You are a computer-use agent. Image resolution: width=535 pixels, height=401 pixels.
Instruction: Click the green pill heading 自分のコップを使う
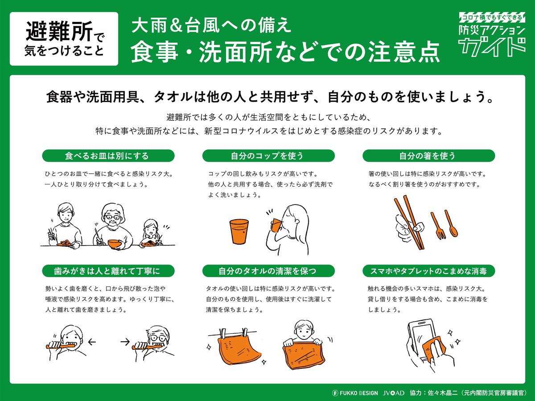coord(268,155)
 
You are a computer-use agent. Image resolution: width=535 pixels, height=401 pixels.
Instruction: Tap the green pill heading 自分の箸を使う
coord(429,155)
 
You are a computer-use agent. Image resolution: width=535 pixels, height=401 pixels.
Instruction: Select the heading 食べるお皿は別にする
coord(108,155)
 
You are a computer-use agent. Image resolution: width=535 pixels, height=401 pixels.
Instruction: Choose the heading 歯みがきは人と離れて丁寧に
coord(108,271)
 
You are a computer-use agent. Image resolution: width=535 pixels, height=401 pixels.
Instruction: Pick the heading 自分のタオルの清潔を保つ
coord(268,271)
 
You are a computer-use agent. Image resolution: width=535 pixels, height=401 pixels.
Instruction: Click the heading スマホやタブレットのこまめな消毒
coord(429,271)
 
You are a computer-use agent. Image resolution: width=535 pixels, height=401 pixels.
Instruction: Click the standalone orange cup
coord(239,232)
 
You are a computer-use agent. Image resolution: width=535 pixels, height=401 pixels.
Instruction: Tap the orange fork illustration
coord(438,226)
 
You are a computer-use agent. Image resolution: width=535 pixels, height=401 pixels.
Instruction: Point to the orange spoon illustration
coord(451,223)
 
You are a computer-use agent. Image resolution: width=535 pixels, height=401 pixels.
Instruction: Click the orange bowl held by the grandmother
coord(115,244)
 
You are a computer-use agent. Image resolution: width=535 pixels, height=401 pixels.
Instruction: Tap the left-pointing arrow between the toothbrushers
coord(92,342)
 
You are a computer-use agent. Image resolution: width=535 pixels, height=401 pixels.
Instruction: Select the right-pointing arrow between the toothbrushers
coord(125,342)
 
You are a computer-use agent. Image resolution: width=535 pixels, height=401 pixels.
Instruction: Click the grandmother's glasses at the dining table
coord(113,217)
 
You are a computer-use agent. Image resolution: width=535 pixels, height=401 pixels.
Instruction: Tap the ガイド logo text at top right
coord(492,47)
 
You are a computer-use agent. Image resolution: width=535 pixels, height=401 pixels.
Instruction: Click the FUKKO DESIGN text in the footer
coord(358,393)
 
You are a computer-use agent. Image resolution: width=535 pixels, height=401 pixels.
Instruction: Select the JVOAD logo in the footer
coord(394,393)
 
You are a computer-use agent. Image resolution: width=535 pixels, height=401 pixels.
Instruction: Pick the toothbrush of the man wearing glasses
coord(147,346)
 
